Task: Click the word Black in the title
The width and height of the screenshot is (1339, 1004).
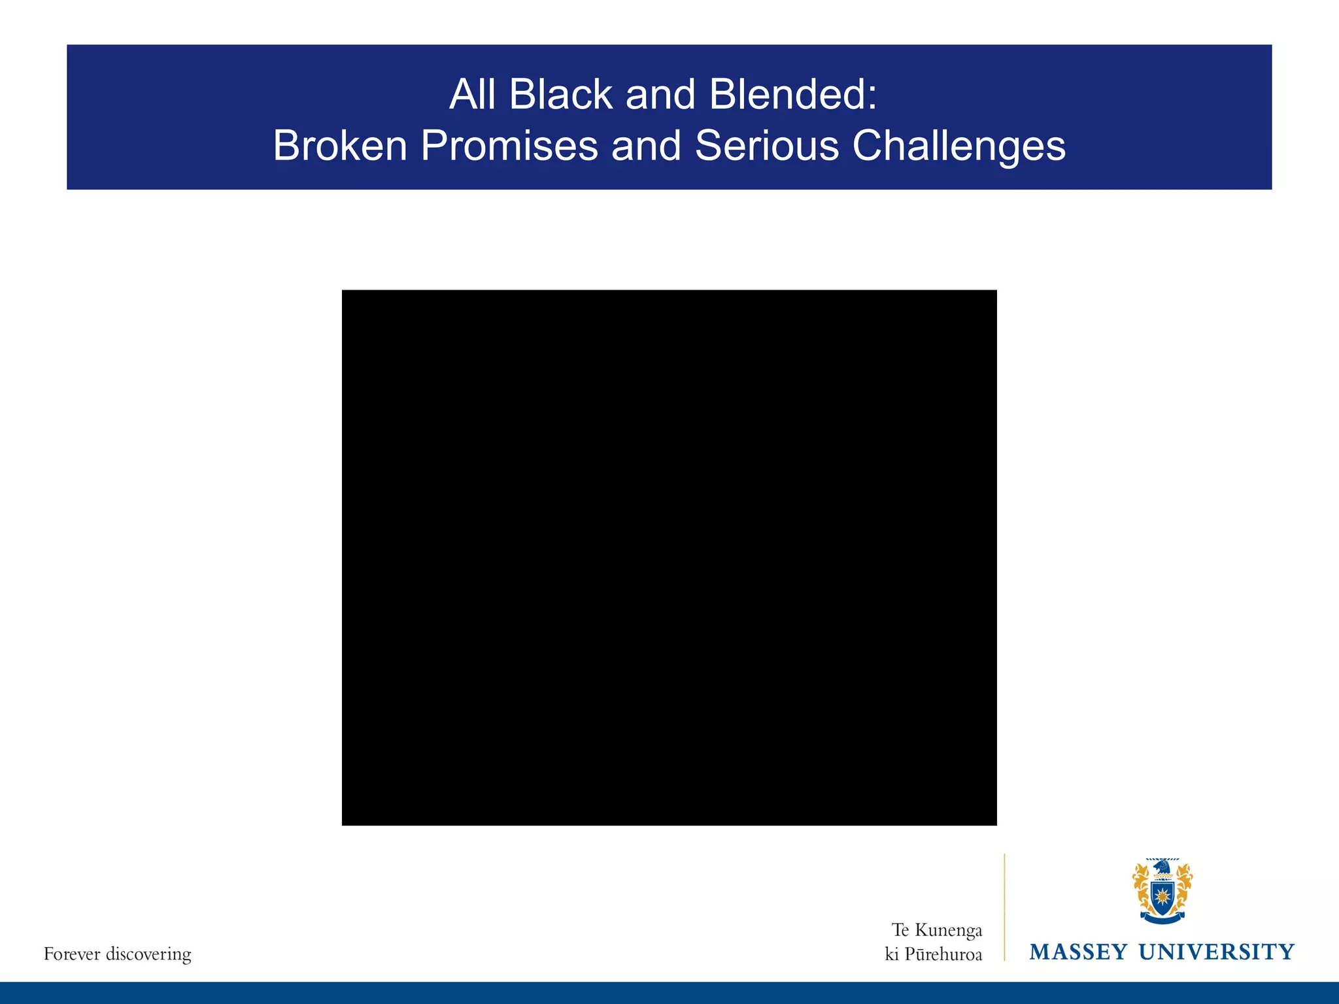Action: click(x=560, y=95)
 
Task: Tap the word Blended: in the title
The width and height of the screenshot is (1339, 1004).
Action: click(x=792, y=95)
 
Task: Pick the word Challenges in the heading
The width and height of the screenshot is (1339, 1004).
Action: click(x=958, y=146)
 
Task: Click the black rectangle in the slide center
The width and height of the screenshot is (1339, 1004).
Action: click(x=669, y=557)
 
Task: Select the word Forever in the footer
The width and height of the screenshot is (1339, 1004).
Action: click(x=71, y=954)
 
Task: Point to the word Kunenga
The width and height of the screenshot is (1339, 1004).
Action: click(x=948, y=930)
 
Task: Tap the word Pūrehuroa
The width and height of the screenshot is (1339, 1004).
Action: click(x=943, y=955)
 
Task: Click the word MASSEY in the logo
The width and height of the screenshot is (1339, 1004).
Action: click(x=1078, y=952)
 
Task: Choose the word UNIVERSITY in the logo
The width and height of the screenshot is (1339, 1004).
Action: click(x=1216, y=952)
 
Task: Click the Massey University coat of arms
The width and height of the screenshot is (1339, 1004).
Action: click(x=1162, y=891)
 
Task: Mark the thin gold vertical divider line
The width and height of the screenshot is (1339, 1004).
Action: click(x=1004, y=907)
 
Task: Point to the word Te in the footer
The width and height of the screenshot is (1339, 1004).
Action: click(x=900, y=930)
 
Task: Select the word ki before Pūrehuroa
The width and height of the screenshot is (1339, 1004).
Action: click(x=892, y=955)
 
